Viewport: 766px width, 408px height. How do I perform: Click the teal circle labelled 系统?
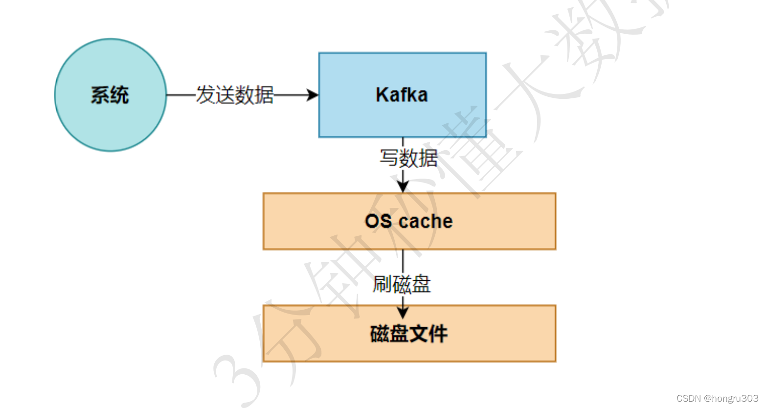coord(111,122)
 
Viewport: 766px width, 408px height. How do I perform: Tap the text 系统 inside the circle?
coord(110,95)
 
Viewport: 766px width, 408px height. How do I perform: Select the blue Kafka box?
coord(402,117)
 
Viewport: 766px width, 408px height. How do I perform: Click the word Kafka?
coord(402,95)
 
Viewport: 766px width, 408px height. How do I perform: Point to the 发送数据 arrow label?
coord(235,95)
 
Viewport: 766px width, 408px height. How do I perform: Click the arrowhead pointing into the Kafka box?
coord(313,95)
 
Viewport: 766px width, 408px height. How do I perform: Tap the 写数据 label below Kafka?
coord(408,158)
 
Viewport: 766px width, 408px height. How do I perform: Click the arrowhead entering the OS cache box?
coord(403,186)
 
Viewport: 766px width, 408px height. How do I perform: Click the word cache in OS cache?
coord(426,221)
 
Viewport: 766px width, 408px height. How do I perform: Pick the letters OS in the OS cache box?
coord(378,221)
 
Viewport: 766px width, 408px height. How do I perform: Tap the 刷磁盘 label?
coord(402,284)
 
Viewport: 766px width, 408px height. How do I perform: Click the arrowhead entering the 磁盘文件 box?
coord(403,313)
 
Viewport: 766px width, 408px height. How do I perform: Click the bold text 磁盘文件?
coord(408,334)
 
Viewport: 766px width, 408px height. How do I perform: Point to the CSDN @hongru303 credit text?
coord(717,398)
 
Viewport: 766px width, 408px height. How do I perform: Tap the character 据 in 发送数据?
coord(264,95)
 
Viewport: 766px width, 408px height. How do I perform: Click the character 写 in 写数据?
coord(389,158)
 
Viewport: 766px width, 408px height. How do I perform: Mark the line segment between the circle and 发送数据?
coord(181,95)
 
